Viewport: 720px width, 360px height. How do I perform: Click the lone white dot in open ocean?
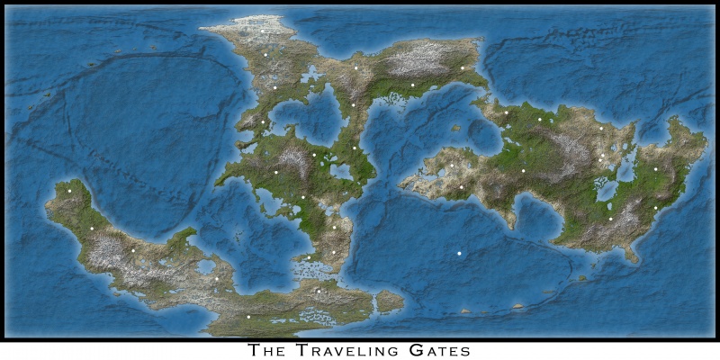(459, 254)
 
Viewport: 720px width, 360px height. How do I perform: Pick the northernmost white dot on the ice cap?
(263, 31)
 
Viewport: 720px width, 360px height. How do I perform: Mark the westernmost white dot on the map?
(68, 190)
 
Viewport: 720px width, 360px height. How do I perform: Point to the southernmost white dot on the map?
(248, 317)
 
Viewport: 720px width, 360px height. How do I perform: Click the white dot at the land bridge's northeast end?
(462, 67)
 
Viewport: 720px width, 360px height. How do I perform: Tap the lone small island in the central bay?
(456, 128)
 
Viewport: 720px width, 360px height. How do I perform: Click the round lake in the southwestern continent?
(206, 266)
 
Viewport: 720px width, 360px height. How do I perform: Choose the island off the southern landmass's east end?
(389, 301)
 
